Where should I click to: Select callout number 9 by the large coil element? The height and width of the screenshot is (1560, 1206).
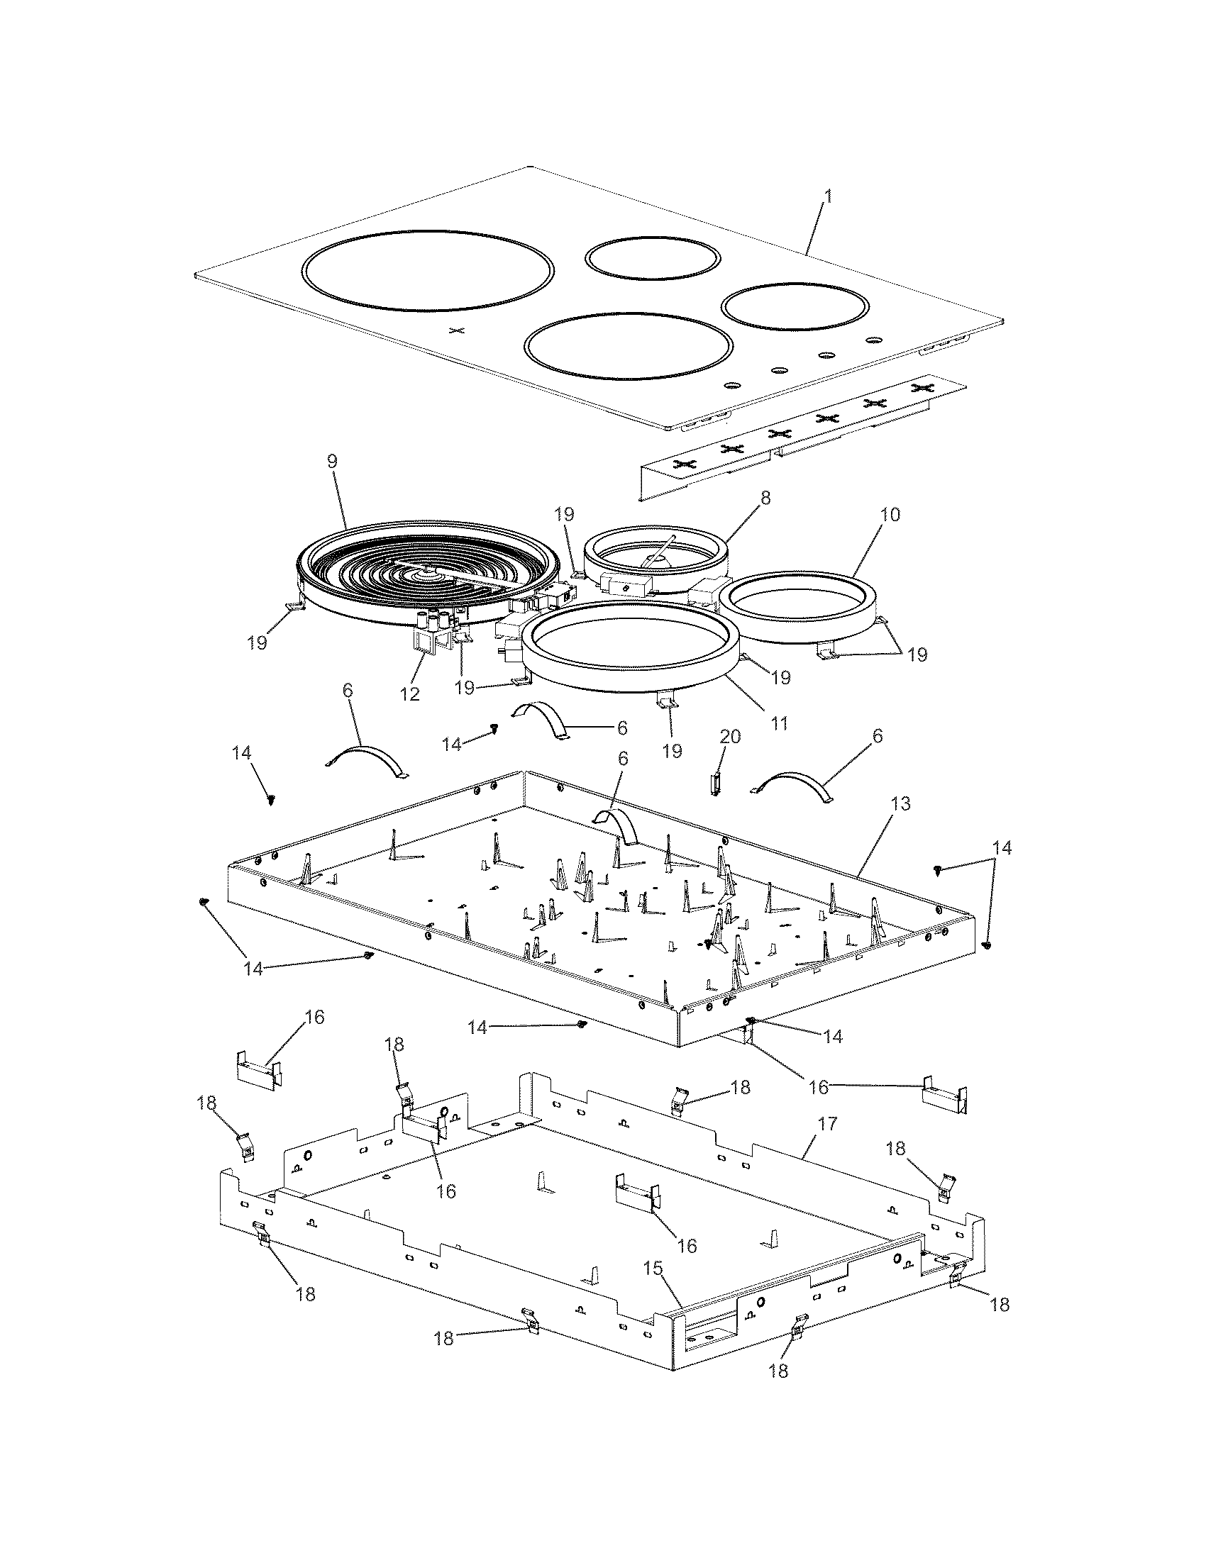click(x=331, y=462)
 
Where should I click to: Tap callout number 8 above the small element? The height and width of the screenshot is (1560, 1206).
click(x=765, y=498)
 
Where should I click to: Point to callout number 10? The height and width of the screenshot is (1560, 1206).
click(x=890, y=514)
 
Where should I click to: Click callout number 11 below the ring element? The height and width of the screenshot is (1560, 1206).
click(x=779, y=723)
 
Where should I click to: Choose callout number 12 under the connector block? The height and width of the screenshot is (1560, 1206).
click(x=410, y=693)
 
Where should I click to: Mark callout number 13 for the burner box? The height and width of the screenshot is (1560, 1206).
click(x=901, y=803)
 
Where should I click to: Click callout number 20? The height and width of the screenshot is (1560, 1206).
click(x=730, y=736)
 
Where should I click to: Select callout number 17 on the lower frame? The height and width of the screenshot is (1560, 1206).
click(x=826, y=1125)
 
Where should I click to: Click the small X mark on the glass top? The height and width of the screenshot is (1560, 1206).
click(x=458, y=330)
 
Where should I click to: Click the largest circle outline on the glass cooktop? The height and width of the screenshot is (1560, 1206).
click(x=427, y=271)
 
